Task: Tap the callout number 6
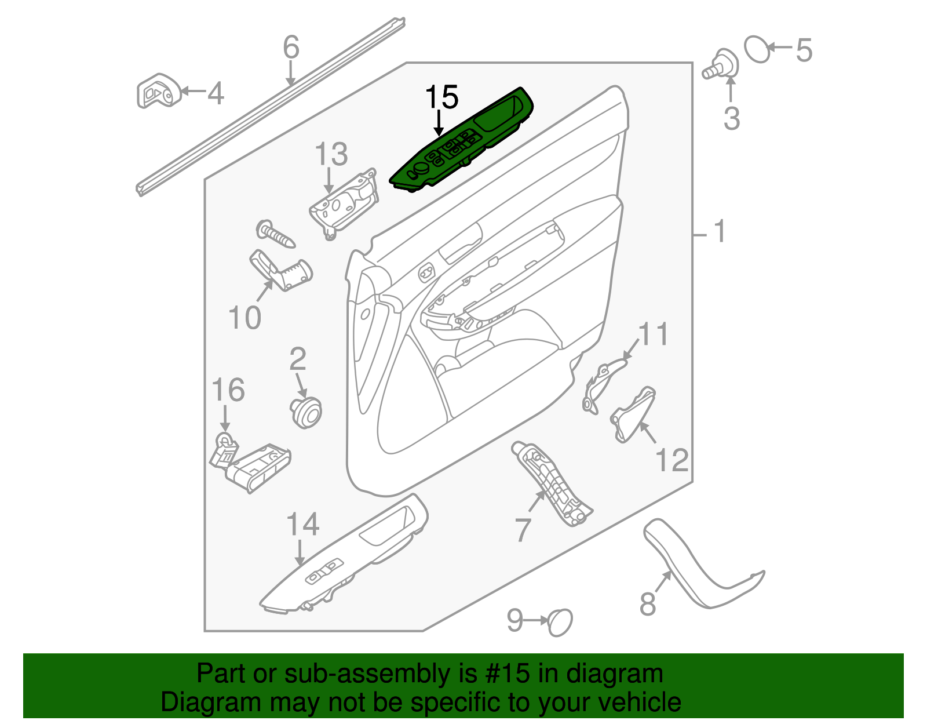click(291, 47)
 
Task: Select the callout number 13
click(331, 154)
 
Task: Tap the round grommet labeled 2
click(305, 412)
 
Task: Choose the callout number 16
click(228, 390)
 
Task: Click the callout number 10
click(244, 318)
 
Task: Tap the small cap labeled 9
click(560, 622)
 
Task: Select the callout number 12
click(671, 460)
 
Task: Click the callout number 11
click(654, 334)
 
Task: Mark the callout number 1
click(720, 232)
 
